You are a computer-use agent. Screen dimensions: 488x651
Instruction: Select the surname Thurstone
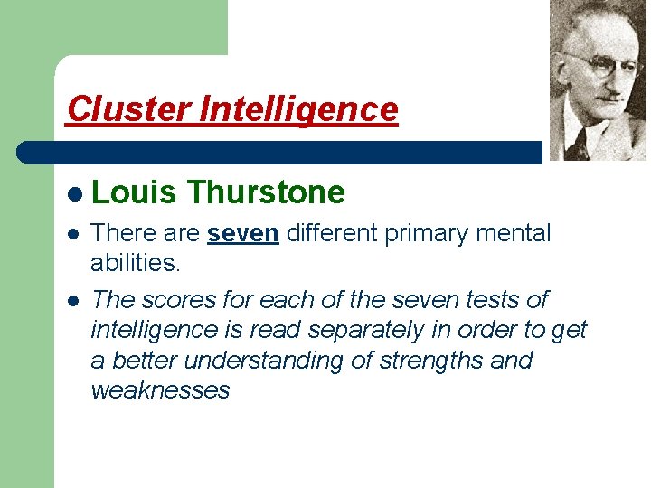[x=267, y=192]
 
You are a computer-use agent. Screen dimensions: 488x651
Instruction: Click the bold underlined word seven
[x=243, y=233]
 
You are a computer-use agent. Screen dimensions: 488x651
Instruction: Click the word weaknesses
[x=160, y=390]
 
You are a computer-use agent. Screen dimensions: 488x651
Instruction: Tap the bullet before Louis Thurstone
[x=72, y=193]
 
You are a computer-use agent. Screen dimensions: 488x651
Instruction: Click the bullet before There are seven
[x=72, y=234]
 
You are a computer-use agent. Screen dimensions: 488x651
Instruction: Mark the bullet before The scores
[x=72, y=300]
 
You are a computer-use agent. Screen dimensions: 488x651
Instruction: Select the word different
[x=334, y=233]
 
